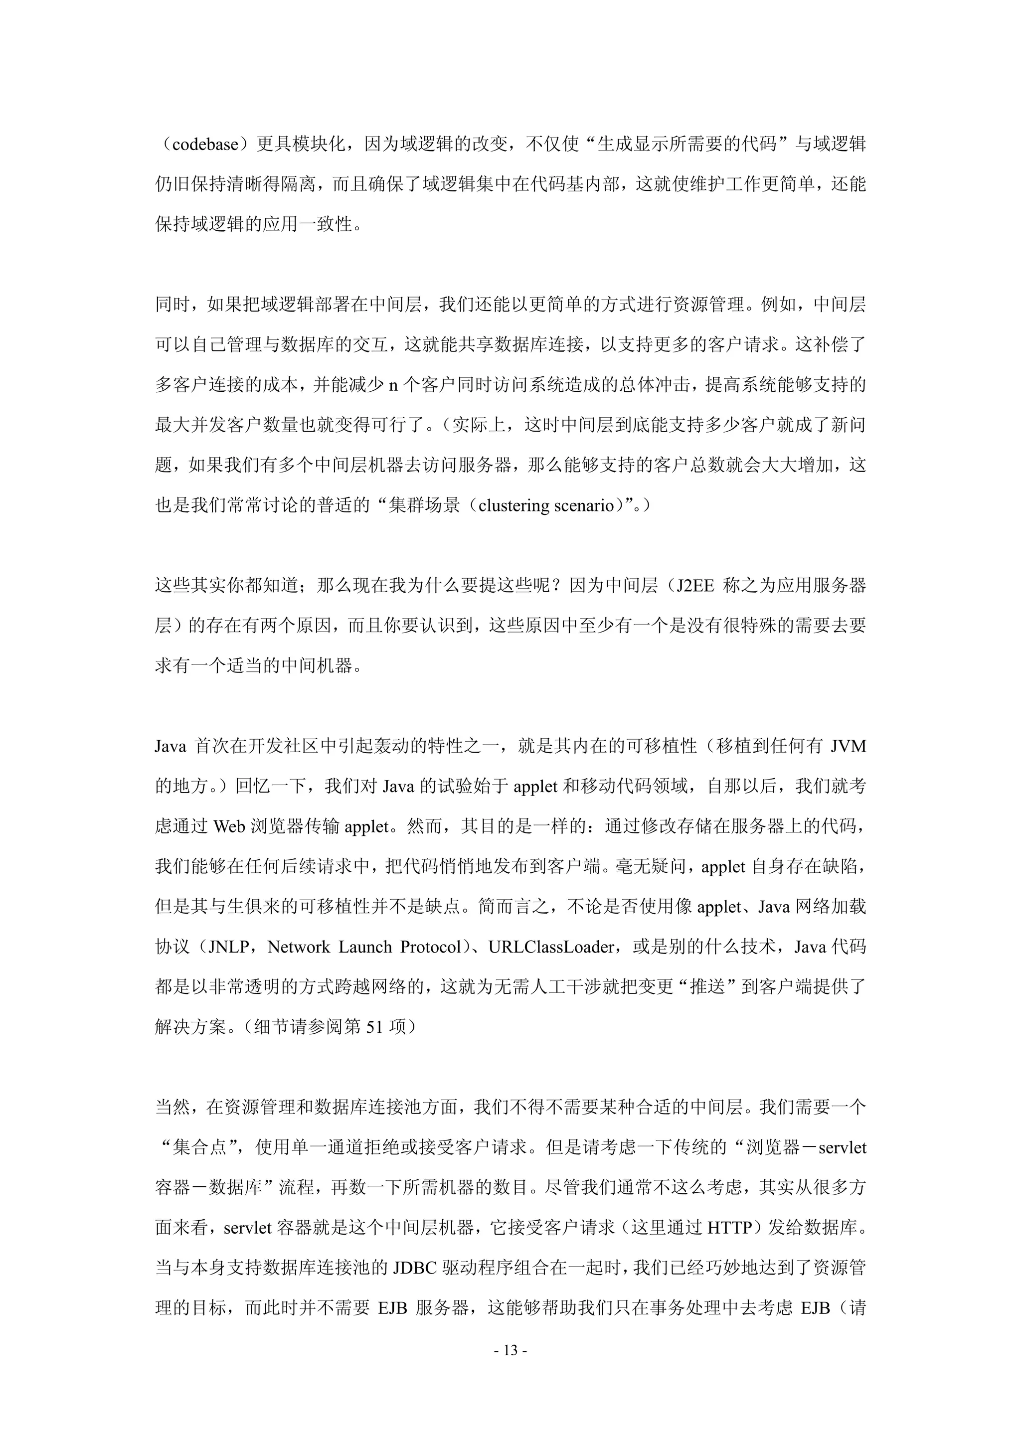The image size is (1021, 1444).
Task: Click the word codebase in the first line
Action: click(x=205, y=145)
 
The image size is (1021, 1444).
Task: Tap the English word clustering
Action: click(x=514, y=505)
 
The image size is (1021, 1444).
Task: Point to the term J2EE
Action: click(x=695, y=586)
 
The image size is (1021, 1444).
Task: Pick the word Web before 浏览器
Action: click(x=229, y=826)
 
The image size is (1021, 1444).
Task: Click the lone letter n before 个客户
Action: click(x=393, y=385)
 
